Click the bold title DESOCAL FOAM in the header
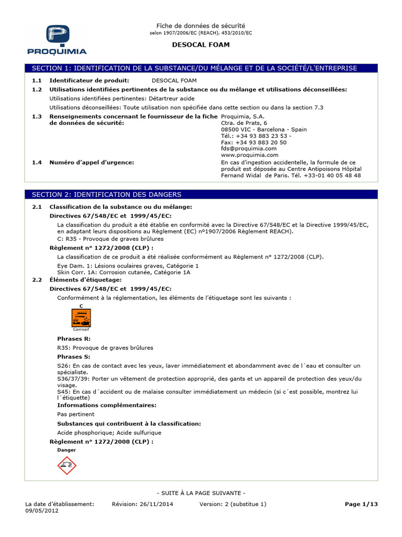[201, 45]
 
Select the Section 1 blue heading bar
[201, 68]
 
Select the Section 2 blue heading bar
[201, 195]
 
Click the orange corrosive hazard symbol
[81, 317]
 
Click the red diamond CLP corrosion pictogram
[66, 465]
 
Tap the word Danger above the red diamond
[66, 450]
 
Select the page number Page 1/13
[361, 504]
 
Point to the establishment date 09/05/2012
[42, 511]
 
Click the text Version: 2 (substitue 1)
[233, 504]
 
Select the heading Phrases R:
[73, 339]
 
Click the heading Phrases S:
[73, 356]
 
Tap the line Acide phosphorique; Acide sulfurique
[109, 433]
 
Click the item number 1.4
[36, 162]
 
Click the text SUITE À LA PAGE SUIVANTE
[201, 493]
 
